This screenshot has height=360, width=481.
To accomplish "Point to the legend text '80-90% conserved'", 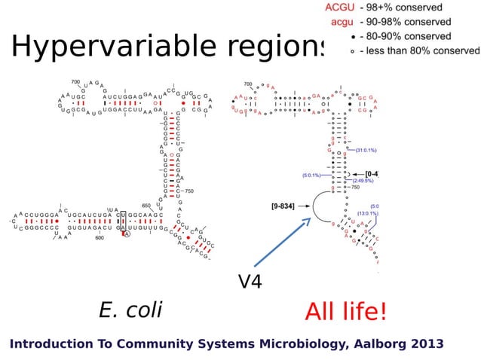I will pos(406,36).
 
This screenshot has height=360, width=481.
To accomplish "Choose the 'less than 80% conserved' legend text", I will pos(419,50).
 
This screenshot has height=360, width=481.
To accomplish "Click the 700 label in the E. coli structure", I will pos(75,81).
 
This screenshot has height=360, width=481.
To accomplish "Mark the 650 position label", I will pos(146,205).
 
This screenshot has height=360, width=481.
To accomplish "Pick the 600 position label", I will pos(100,238).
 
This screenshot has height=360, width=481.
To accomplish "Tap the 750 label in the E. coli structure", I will pos(190,191).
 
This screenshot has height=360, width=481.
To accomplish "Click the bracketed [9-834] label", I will pos(286,205).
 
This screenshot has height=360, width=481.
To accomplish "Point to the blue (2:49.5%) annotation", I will pos(363,181).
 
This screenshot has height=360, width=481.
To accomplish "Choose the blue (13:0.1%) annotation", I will pos(367,214).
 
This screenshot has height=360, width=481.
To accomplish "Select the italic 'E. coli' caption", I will pos(130,309).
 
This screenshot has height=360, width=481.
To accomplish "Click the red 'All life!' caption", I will pos(345,311).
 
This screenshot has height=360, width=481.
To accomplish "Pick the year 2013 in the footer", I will pos(427,344).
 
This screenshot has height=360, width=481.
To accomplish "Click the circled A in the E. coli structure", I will pos(127,234).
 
